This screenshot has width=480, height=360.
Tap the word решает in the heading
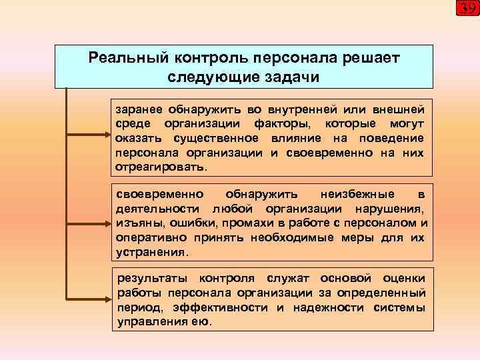coord(370,57)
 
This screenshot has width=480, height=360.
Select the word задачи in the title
coord(291,77)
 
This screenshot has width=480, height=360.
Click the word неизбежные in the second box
coord(357,194)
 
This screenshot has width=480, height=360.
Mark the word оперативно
coord(147,238)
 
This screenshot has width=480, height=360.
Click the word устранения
coord(152,253)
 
